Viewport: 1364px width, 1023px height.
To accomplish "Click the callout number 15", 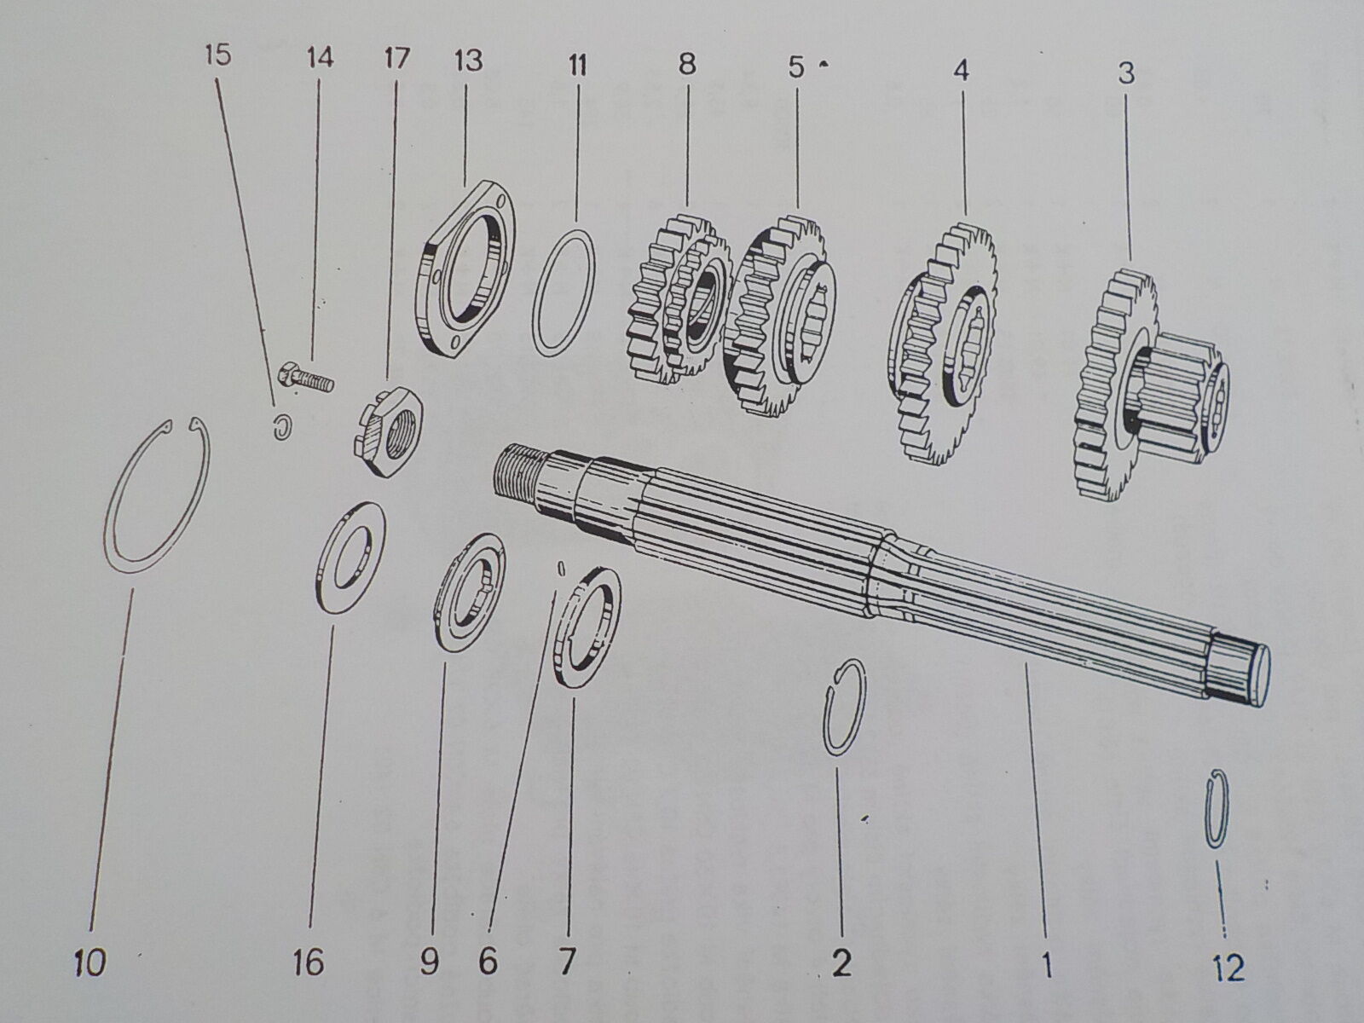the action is [217, 56].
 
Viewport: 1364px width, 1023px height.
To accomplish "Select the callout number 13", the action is [468, 61].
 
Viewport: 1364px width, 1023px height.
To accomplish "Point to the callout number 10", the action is [90, 963].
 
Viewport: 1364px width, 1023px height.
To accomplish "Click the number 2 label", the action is [841, 963].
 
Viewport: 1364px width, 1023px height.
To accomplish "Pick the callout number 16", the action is [309, 963].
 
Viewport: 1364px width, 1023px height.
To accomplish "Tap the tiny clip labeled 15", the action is [280, 427].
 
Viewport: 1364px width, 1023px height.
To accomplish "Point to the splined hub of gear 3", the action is [1181, 401].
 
